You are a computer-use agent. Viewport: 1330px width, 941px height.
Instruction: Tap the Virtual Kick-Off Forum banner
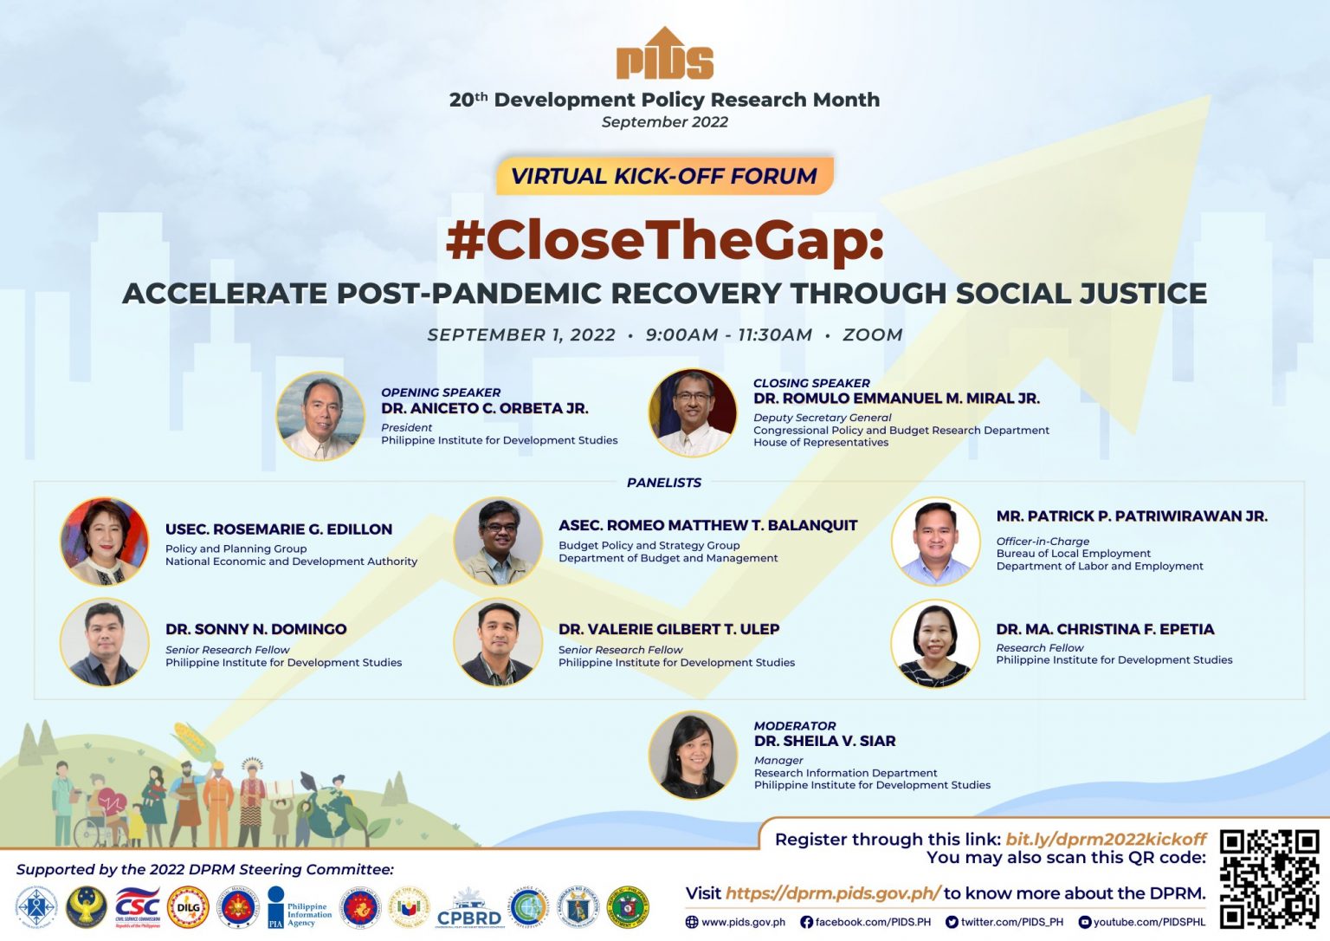point(664,176)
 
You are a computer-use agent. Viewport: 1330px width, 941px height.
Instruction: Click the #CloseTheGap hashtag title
point(664,240)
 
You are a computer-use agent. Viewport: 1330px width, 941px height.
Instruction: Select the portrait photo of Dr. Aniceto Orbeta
point(321,416)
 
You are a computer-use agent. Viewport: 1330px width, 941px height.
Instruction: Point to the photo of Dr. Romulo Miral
point(693,412)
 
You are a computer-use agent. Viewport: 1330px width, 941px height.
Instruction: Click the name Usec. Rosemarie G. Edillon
point(279,529)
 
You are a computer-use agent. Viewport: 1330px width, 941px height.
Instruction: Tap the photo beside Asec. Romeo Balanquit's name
point(498,541)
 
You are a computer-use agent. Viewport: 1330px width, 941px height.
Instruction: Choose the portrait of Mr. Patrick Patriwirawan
point(935,541)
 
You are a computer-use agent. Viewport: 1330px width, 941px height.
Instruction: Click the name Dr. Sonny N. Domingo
point(256,629)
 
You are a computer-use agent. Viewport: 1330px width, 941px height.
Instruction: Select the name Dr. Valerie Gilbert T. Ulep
point(668,629)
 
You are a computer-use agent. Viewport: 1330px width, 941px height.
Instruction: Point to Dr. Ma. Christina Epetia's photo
point(935,644)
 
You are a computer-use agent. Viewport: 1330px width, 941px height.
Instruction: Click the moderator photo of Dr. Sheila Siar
point(693,755)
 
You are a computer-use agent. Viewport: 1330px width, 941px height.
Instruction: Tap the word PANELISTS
point(664,483)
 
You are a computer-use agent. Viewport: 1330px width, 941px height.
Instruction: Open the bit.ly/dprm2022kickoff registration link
point(1106,839)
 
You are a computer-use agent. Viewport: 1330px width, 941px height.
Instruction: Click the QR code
point(1269,878)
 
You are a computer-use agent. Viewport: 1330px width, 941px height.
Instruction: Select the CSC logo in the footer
point(138,907)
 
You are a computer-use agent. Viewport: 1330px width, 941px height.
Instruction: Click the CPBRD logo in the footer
point(469,908)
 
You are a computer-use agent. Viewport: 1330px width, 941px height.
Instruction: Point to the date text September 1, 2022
point(521,335)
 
